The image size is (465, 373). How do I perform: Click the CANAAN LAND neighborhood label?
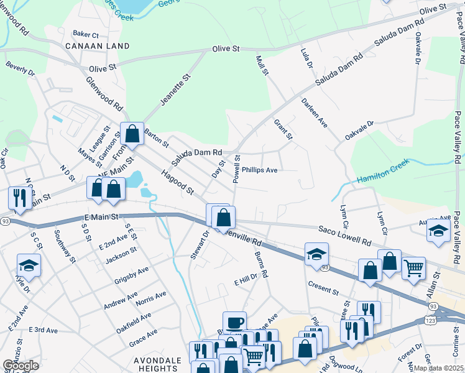click(98, 46)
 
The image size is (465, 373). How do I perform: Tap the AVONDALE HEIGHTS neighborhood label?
click(159, 364)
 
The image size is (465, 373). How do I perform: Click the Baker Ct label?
click(86, 34)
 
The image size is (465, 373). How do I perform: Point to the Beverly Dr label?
click(21, 69)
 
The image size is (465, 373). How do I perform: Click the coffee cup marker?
click(234, 323)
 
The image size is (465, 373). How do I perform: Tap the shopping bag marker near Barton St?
click(132, 132)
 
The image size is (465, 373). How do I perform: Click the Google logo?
click(21, 365)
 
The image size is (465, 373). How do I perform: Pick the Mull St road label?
click(262, 65)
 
